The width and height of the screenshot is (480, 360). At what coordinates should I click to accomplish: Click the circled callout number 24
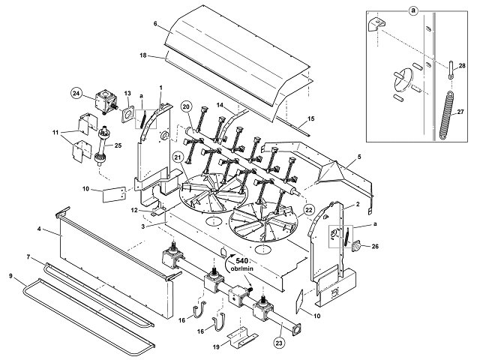[76, 93]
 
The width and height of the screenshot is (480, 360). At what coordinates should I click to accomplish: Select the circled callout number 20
[186, 106]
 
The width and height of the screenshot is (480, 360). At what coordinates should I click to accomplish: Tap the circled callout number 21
[178, 157]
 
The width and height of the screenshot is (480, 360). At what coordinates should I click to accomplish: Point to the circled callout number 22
[308, 210]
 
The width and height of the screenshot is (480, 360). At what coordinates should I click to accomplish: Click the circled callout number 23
[279, 343]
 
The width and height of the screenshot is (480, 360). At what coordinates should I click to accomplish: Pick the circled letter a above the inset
[413, 10]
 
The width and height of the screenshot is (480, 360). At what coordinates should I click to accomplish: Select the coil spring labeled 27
[447, 115]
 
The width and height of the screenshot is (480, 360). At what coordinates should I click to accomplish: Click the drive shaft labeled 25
[103, 146]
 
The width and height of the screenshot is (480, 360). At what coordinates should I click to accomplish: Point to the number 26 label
[375, 246]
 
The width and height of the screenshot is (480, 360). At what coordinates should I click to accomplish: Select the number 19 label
[216, 347]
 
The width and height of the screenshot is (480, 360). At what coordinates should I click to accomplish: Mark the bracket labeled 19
[242, 336]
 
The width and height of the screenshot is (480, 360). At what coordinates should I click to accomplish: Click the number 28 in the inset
[462, 65]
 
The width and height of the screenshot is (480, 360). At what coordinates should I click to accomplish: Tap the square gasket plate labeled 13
[128, 114]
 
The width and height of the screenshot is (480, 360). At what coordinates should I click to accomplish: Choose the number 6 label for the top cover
[155, 23]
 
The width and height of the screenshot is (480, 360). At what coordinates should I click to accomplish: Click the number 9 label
[11, 276]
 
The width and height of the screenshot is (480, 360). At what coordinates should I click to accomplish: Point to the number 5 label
[359, 157]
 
